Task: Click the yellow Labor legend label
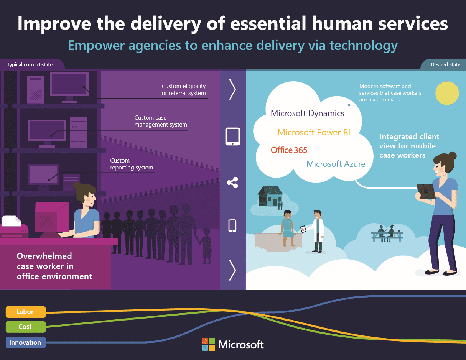tap(25, 312)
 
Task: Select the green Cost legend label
tap(25, 327)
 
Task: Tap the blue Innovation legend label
tap(25, 342)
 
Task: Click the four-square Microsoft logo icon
tap(208, 344)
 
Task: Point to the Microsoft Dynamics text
tap(307, 113)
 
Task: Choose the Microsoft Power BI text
tap(314, 133)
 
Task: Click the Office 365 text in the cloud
tap(289, 150)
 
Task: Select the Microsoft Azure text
tap(336, 164)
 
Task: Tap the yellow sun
tap(447, 93)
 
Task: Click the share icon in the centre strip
tap(232, 182)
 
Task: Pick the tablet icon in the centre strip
tap(232, 136)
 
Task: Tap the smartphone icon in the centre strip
tap(232, 225)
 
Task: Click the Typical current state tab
tap(30, 65)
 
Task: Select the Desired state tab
tap(445, 65)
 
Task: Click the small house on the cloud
tap(270, 196)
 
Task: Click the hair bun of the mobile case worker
tap(452, 156)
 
